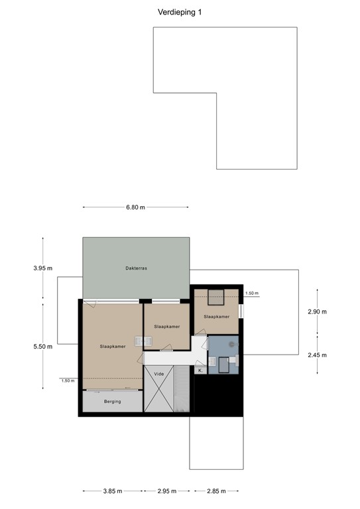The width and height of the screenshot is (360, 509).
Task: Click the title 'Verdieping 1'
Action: [180, 12]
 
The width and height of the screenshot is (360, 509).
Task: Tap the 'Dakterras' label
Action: [135, 268]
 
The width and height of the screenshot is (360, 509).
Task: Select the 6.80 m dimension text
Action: [135, 207]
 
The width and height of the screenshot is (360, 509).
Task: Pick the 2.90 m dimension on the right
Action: [318, 311]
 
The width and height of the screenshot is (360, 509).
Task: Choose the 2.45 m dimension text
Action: [318, 355]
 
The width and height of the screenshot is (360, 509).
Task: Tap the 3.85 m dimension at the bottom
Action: [112, 491]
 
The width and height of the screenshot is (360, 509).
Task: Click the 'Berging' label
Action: [112, 402]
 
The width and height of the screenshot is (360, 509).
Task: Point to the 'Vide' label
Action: [158, 374]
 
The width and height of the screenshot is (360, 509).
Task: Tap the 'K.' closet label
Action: [200, 371]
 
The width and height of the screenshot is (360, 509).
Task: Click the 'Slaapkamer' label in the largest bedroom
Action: [112, 346]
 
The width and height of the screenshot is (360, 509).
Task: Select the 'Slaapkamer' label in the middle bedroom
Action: [166, 327]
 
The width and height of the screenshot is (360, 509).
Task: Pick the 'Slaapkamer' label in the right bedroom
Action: [217, 316]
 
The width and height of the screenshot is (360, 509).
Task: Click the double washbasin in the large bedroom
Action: [143, 341]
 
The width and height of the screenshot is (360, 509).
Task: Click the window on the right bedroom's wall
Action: [241, 311]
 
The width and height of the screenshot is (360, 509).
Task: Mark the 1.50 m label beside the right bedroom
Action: [252, 293]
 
